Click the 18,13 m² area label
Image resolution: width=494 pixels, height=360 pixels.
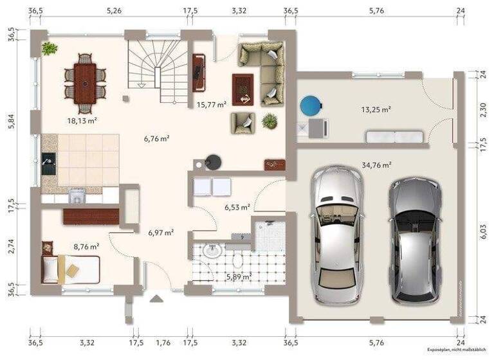tap(82, 120)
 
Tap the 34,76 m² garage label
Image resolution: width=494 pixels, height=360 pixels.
tap(377, 165)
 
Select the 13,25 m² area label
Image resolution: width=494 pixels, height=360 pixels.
tap(376, 110)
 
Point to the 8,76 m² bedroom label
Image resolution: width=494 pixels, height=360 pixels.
tap(86, 246)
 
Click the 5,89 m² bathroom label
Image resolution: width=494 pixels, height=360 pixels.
tap(238, 277)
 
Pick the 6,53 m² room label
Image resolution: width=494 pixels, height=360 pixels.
tap(237, 208)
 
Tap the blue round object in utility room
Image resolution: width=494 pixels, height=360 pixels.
tap(311, 105)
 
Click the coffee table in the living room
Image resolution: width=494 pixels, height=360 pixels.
tap(242, 89)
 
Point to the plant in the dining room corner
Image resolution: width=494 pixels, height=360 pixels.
tap(50, 48)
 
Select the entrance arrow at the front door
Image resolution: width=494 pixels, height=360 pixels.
tap(156, 298)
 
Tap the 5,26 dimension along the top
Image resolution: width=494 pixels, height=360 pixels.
tap(114, 11)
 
